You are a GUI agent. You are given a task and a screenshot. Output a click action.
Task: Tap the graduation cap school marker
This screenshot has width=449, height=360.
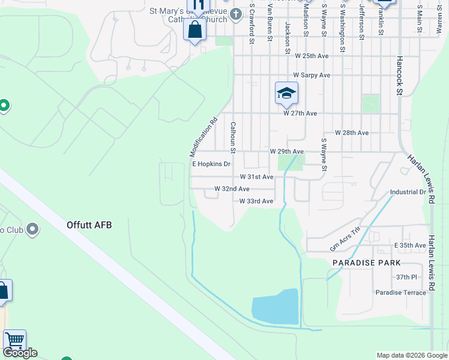click(x=286, y=94)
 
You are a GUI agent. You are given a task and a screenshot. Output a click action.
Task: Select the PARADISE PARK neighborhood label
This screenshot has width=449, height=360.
click(x=366, y=263)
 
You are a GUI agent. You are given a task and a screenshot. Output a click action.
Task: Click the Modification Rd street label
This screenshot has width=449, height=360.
click(x=204, y=137)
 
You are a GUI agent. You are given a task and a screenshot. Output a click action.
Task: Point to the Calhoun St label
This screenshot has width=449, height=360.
click(x=233, y=137)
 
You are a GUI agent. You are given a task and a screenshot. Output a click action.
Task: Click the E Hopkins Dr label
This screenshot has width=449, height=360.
click(x=211, y=164)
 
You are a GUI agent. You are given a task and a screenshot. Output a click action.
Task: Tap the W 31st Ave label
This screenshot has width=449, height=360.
click(x=256, y=177)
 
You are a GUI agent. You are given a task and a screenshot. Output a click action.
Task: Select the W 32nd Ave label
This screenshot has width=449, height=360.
click(x=232, y=189)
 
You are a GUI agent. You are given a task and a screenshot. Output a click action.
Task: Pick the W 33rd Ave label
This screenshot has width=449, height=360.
click(x=256, y=202)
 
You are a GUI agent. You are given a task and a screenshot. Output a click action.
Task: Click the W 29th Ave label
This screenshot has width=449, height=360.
click(x=286, y=152)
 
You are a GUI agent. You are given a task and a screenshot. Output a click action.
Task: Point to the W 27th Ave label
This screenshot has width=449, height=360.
click(x=300, y=113)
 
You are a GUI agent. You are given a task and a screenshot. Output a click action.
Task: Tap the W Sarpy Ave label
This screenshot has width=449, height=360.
click(x=312, y=76)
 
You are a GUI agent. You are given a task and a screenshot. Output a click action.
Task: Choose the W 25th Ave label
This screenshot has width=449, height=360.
click(x=312, y=56)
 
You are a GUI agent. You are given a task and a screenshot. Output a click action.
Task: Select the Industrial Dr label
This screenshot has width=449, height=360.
click(x=408, y=193)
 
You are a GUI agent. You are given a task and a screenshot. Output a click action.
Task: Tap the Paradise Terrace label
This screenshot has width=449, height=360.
click(x=401, y=292)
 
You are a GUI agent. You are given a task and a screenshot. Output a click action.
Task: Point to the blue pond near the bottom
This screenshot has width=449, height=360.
click(x=276, y=307)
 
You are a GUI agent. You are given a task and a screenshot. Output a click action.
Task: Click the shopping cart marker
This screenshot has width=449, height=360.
click(x=14, y=340)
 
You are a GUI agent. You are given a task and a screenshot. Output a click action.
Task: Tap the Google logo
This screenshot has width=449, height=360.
click(x=20, y=353)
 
